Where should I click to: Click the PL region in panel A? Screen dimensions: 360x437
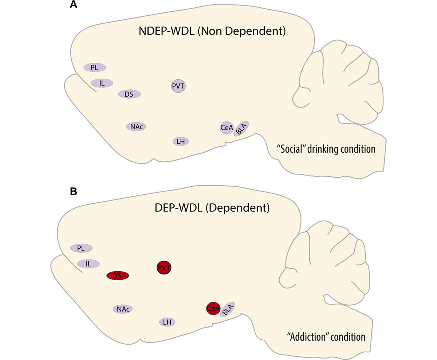coord(95,67)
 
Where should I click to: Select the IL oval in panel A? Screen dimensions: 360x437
coord(102,83)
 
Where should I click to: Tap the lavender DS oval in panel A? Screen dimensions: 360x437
coord(129,94)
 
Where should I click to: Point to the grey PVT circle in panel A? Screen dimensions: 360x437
coord(178,86)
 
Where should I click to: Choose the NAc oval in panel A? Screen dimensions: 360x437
coord(136,127)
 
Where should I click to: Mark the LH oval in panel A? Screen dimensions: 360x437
coord(180,141)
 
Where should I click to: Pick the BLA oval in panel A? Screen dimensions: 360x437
coord(241,128)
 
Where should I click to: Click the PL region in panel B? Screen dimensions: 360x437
coord(81,248)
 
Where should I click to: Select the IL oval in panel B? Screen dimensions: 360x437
coord(88,264)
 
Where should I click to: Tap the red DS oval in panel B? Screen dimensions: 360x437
coord(117,276)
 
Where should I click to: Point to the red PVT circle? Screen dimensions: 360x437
coord(164,268)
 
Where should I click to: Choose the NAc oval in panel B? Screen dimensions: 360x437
coord(123,309)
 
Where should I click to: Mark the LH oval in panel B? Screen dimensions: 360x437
coord(167,322)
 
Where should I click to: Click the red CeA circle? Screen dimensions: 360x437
coord(213,309)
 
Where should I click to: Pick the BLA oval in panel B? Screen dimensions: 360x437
coord(227,309)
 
